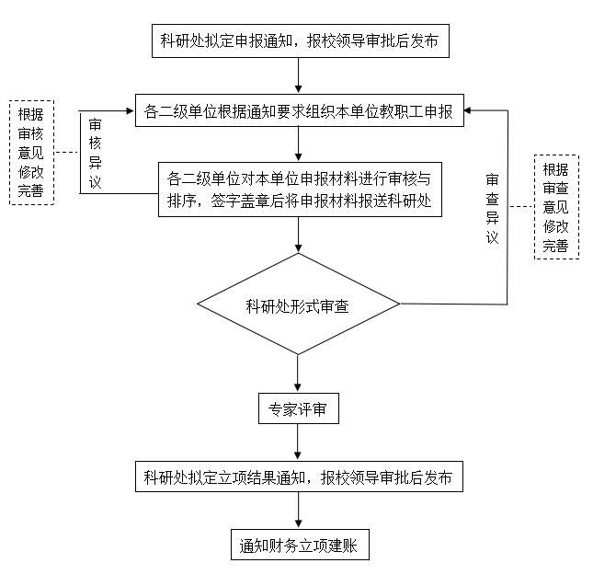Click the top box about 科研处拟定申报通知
pos(301,40)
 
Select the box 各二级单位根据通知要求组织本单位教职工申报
pos(300,110)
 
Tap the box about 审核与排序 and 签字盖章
pos(300,190)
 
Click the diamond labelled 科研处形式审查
pos(299,304)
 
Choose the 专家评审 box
pos(299,408)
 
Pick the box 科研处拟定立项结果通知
pos(299,477)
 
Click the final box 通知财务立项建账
pos(300,545)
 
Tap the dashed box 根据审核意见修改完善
pos(32,153)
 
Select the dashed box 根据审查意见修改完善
pos(556,207)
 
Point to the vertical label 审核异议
pos(95,154)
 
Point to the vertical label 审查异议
pos(492,209)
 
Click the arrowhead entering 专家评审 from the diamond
pos(298,388)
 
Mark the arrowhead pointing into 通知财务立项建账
pos(299,524)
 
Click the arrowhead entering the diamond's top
pos(299,248)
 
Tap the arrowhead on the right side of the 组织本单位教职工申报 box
pos(468,110)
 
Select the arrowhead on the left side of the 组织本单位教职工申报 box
pos(131,110)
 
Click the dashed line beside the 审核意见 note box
pos(67,153)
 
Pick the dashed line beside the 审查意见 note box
pos(520,207)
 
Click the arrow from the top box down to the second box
pos(299,75)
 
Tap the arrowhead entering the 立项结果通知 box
pos(298,456)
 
